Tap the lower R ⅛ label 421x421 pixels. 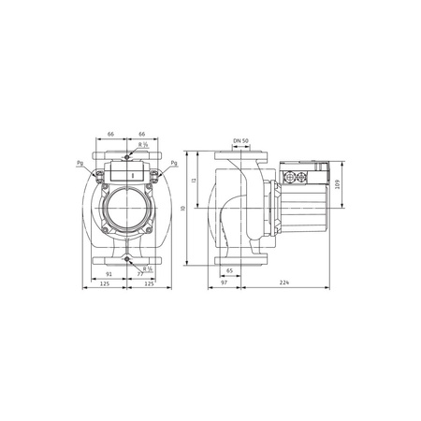pyautogui.click(x=148, y=269)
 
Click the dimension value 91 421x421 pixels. pyautogui.click(x=110, y=274)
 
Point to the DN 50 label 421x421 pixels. pyautogui.click(x=240, y=141)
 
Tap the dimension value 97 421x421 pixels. pyautogui.click(x=225, y=283)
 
